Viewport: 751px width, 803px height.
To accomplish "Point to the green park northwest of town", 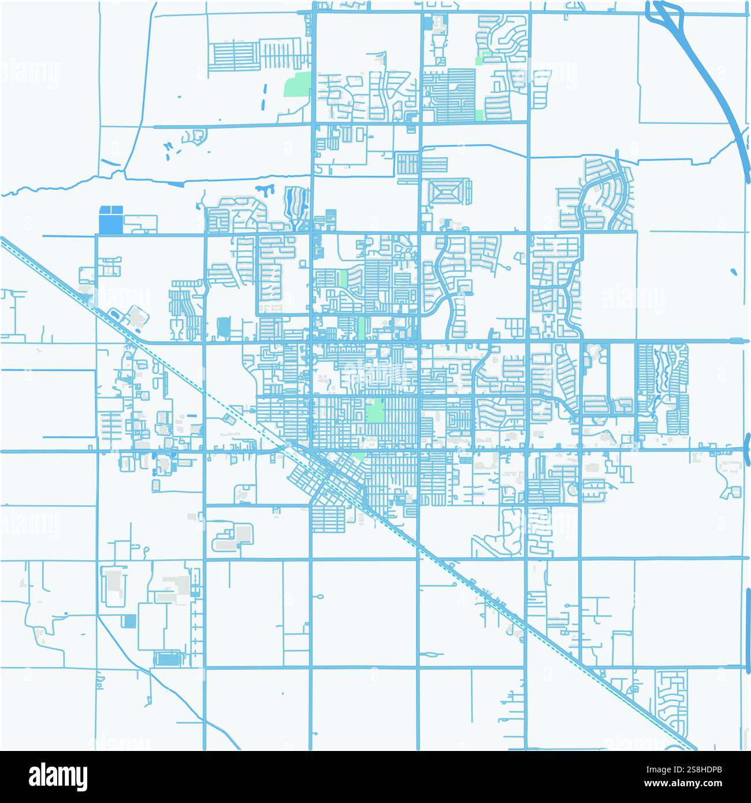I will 297,85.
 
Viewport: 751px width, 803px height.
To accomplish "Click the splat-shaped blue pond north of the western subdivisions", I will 265,189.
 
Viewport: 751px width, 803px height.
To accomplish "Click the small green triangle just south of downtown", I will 359,457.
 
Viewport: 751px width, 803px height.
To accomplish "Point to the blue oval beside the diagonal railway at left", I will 115,314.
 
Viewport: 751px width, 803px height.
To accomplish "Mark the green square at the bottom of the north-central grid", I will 478,114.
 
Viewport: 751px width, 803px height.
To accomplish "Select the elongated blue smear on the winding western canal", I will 176,184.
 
